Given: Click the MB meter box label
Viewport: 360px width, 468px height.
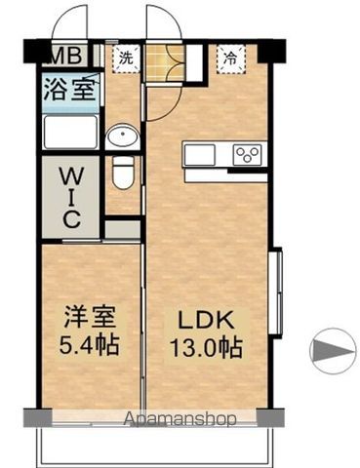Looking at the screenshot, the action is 65,56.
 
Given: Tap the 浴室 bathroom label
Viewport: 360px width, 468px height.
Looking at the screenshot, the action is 69,89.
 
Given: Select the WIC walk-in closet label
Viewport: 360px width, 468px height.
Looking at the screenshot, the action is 71,197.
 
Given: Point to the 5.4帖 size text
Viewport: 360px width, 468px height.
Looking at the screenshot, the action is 89,344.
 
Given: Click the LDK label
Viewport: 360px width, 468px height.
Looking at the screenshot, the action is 205,320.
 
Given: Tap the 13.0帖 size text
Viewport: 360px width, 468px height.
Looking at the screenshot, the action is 207,347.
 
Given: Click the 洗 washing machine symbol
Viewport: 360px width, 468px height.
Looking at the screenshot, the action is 126,58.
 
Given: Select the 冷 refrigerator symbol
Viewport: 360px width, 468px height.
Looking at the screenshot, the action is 230,58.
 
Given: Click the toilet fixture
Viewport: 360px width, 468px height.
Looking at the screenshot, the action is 123,173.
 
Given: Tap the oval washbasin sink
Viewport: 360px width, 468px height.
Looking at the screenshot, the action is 123,136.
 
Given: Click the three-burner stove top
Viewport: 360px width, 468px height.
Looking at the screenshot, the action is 248,154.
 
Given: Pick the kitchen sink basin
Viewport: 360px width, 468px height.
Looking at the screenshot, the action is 200,155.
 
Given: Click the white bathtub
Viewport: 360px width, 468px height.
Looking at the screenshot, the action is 70,132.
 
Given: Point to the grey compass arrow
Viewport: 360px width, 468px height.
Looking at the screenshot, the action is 333,351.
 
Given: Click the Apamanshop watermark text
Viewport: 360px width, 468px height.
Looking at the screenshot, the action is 180,419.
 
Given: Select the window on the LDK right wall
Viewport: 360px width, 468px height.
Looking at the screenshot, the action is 276,291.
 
